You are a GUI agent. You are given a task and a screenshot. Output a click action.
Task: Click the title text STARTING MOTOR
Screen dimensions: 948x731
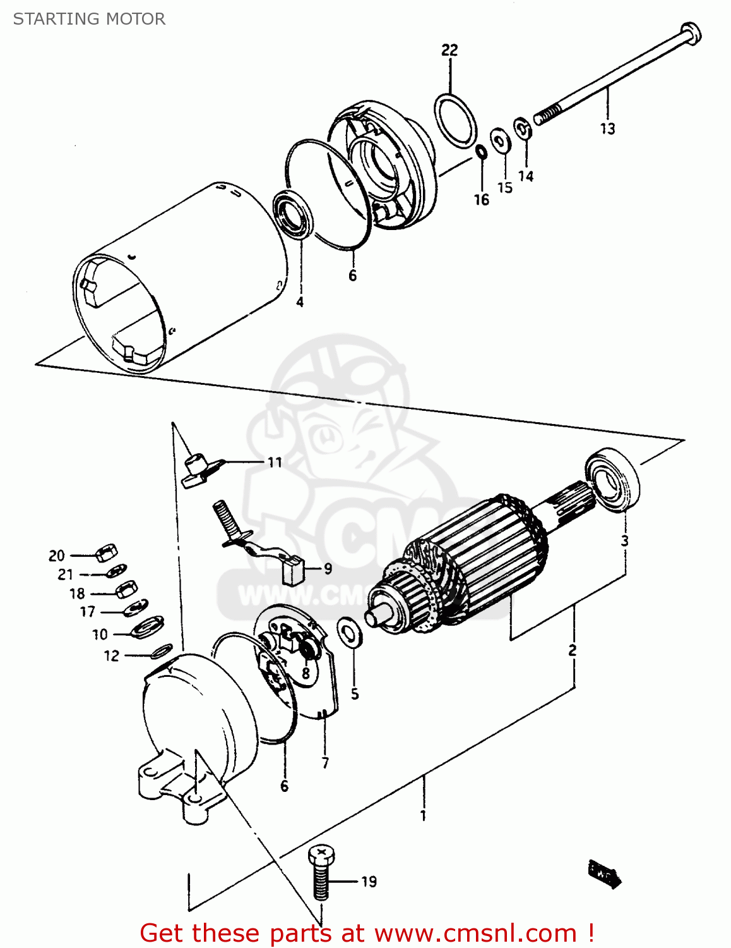coord(89,19)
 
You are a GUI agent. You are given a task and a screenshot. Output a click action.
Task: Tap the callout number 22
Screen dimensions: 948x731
coord(449,50)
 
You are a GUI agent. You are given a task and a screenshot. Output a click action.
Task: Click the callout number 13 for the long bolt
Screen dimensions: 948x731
coord(607,129)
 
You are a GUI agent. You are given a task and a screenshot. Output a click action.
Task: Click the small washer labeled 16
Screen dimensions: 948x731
coord(481,152)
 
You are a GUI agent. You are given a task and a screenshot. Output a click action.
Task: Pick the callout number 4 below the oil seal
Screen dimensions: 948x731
coord(300,302)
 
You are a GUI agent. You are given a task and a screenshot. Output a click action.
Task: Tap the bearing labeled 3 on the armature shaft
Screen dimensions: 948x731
coord(612,479)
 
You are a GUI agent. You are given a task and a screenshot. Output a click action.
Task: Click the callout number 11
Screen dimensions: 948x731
coord(275,463)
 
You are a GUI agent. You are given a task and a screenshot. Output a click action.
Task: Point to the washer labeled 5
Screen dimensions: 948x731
coord(350,633)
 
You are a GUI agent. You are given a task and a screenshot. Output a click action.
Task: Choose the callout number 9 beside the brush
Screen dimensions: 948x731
coord(328,569)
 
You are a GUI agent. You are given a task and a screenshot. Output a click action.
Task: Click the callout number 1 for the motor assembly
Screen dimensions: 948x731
coord(423,815)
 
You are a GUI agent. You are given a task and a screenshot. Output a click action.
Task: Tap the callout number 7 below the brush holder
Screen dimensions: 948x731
coord(325,763)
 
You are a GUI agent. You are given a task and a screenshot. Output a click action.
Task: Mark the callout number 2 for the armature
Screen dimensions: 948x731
coord(572,650)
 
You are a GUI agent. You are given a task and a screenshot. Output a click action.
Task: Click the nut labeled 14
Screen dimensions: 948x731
coord(523,130)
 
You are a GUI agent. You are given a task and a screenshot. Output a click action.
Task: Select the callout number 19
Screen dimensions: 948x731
coord(369,881)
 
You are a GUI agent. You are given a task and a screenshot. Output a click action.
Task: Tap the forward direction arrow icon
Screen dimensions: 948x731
coord(605,873)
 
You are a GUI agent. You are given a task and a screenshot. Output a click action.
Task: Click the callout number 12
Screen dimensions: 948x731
coord(111,656)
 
